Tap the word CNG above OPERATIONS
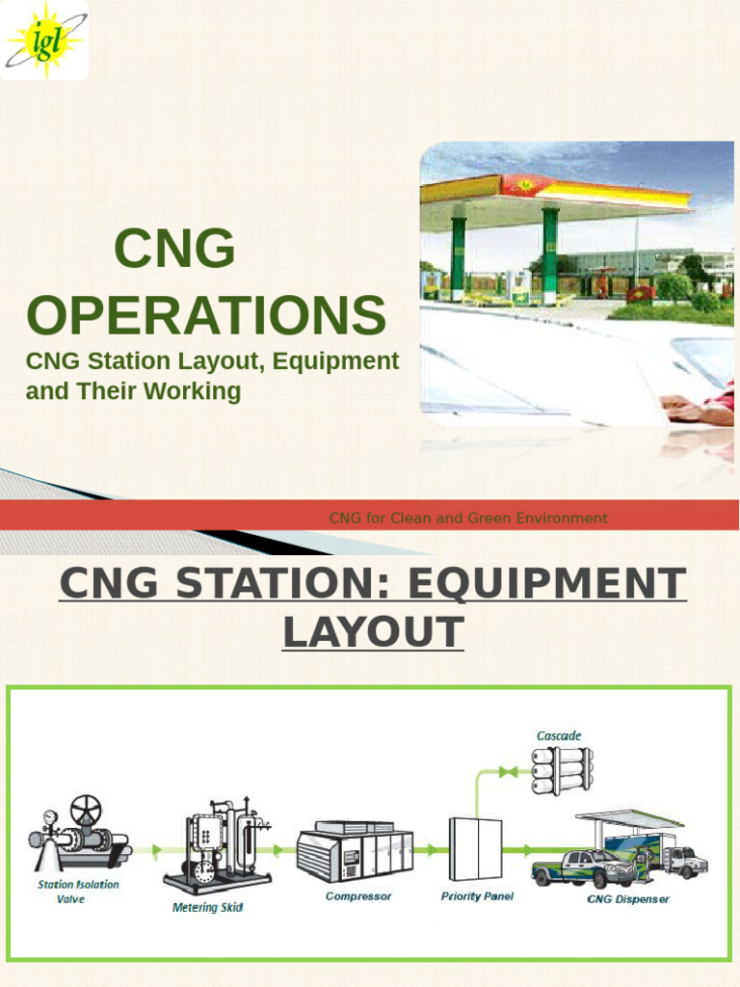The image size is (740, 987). pyautogui.click(x=174, y=250)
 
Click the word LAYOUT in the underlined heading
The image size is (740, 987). pyautogui.click(x=373, y=632)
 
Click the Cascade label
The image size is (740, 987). pyautogui.click(x=559, y=736)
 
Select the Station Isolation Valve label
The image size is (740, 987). pyautogui.click(x=78, y=892)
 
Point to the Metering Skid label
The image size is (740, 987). pyautogui.click(x=207, y=907)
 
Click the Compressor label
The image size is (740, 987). pyautogui.click(x=358, y=896)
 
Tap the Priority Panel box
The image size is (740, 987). pyautogui.click(x=475, y=848)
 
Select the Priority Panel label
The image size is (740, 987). pyautogui.click(x=477, y=896)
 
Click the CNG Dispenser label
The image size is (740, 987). pyautogui.click(x=628, y=899)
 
